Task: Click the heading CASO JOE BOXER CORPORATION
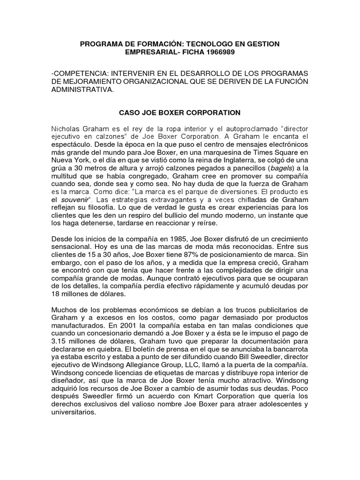point(180,112)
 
